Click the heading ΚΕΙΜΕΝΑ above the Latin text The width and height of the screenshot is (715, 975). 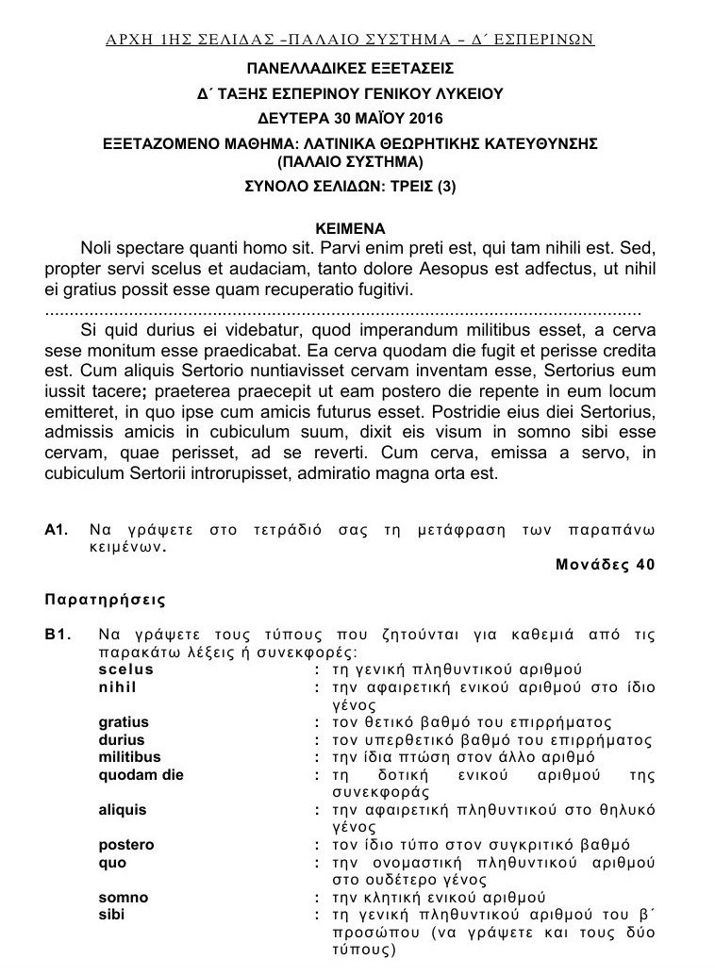pos(349,228)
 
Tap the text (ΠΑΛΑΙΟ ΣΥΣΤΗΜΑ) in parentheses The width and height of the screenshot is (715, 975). pos(350,161)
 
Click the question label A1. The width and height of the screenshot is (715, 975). pos(56,532)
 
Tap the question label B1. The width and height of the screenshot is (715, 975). pos(56,635)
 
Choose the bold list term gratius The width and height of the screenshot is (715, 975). pos(123,722)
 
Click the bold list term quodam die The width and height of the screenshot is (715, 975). pos(141,775)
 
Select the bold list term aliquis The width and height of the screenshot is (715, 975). pos(123,809)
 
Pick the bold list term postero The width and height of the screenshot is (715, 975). pos(125,845)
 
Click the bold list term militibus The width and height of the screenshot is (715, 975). pos(129,757)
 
